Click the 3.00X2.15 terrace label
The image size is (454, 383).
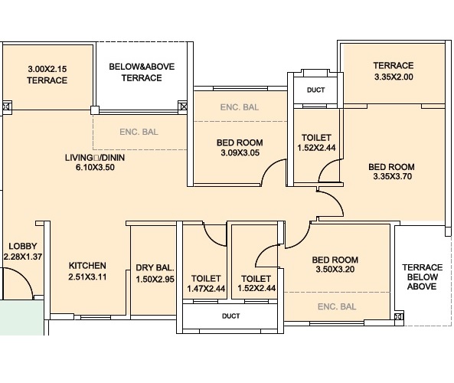47,74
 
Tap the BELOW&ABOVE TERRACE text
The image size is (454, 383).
142,73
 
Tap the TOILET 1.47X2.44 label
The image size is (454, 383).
206,283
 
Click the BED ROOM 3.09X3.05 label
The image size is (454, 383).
240,147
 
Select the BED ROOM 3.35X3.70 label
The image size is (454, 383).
391,172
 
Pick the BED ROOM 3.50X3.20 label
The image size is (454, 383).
335,264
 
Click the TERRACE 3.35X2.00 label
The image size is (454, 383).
393,71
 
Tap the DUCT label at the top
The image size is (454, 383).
315,90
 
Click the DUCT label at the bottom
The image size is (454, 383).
230,316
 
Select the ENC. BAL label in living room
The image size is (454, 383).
139,132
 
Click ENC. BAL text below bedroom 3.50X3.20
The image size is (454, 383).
337,306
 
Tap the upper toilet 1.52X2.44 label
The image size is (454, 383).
316,142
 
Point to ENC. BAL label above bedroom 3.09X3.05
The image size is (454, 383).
239,106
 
